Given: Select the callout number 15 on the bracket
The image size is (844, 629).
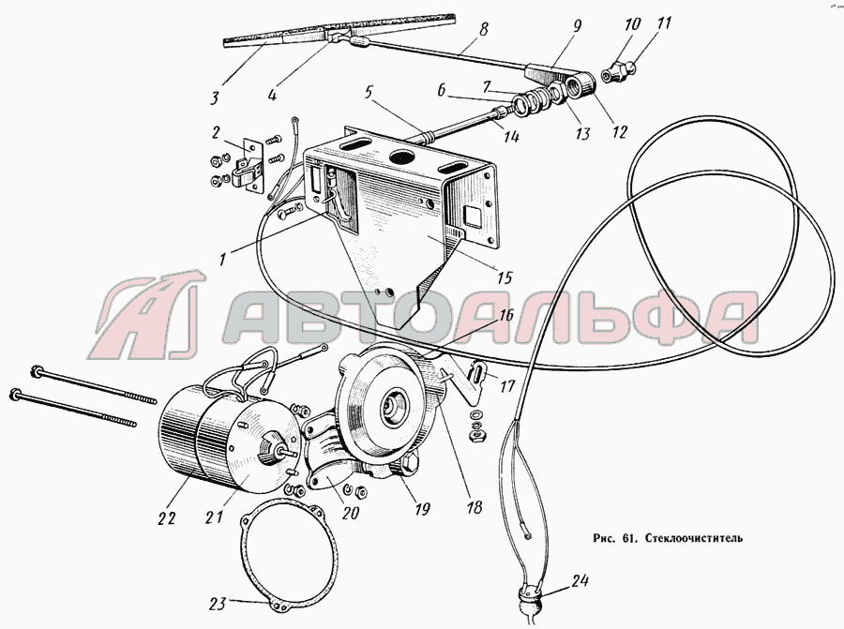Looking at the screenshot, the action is [505, 277].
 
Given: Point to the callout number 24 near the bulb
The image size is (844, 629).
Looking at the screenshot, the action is [580, 581].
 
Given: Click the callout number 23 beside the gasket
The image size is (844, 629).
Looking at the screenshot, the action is [218, 604].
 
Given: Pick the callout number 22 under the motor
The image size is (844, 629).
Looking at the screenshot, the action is [166, 518].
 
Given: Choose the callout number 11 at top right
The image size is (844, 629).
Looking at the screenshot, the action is [664, 24].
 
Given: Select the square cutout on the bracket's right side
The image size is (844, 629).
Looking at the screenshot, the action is [472, 217].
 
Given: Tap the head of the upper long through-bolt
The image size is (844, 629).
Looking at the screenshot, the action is [37, 370].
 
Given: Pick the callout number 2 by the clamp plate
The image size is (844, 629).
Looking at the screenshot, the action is [216, 132].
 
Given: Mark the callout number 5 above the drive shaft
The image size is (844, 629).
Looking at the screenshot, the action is [369, 93].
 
